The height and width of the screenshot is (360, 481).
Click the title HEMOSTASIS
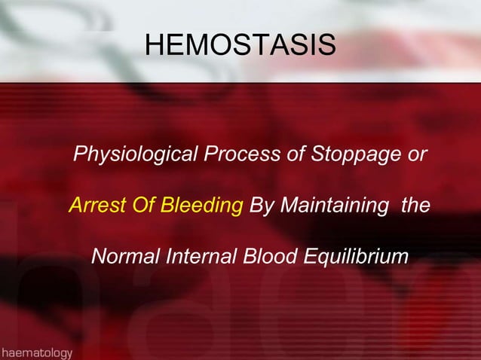coord(240,44)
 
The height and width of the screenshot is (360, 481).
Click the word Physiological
coord(133,156)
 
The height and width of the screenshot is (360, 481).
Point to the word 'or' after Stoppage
coord(417,156)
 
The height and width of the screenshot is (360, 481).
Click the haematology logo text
coord(37,352)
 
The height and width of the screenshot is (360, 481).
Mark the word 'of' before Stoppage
coord(291,156)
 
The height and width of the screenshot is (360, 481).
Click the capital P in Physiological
coord(79,156)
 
